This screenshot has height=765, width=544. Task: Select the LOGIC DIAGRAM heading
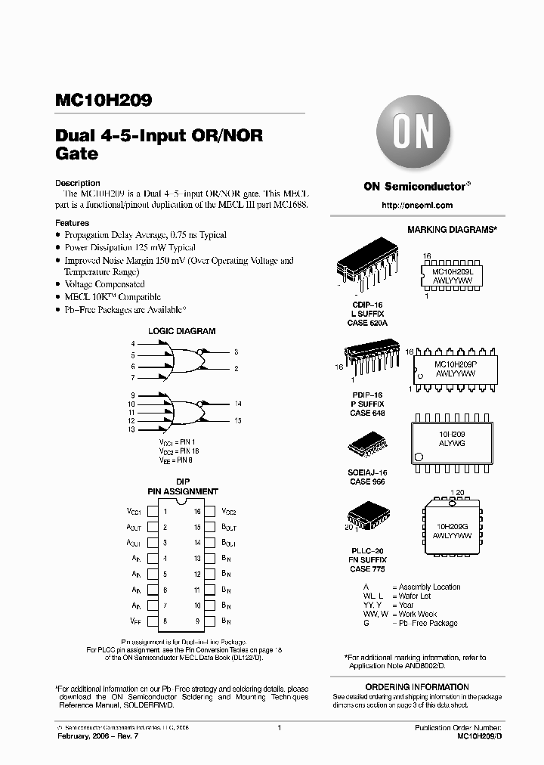point(181,331)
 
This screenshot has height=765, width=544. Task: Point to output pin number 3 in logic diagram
point(236,352)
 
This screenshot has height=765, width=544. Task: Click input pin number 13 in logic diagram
point(132,430)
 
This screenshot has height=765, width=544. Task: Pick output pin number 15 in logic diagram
point(238,420)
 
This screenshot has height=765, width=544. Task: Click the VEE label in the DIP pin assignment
point(134,621)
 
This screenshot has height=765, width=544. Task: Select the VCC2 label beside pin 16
point(230,513)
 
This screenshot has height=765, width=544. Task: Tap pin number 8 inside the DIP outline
point(165,621)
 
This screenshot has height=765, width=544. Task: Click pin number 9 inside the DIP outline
point(197,621)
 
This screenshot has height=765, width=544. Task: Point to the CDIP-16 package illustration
point(367,270)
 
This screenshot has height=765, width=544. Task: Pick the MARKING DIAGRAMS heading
point(452,229)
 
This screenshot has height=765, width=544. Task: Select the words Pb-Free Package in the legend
point(428,624)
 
